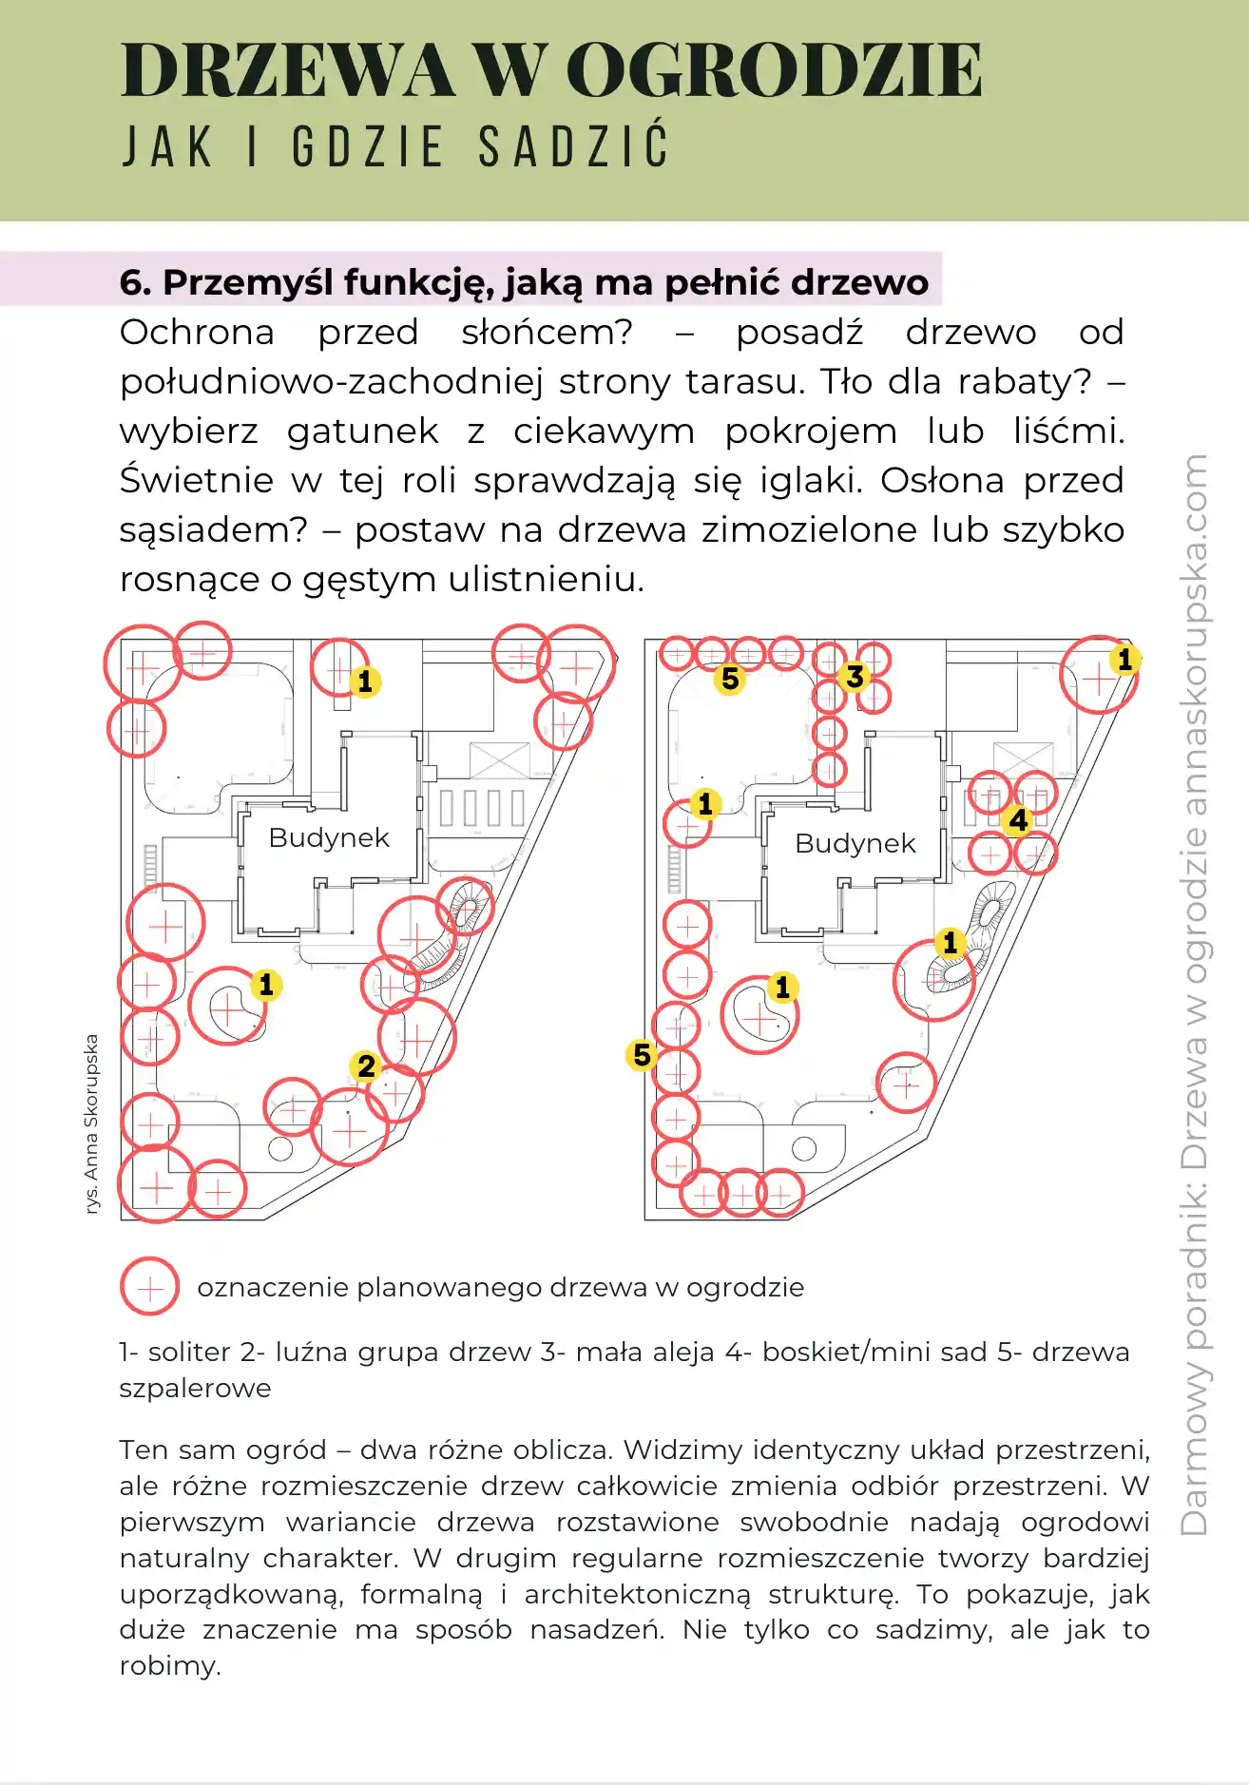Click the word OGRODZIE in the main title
[774, 70]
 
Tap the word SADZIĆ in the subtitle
[574, 147]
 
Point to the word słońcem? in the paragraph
[548, 332]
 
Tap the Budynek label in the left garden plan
[329, 837]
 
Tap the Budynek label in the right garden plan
[855, 843]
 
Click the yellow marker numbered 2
[366, 1066]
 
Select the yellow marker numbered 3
[855, 677]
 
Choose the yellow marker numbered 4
[1018, 819]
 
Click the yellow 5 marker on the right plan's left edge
[643, 1054]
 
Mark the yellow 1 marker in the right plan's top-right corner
[1124, 659]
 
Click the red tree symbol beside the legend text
[150, 1286]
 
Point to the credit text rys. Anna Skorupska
[91, 1123]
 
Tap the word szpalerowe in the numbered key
[195, 1389]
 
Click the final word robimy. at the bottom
[170, 1665]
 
